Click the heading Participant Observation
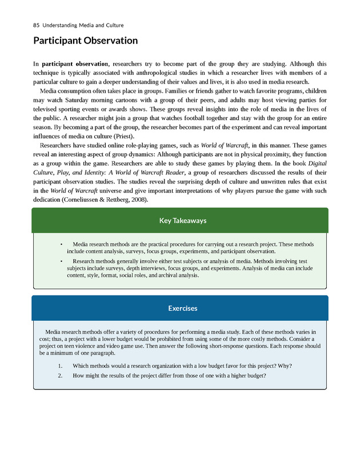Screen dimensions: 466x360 [x=85, y=41]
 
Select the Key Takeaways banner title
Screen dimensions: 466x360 [x=179, y=220]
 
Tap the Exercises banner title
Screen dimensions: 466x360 [x=179, y=308]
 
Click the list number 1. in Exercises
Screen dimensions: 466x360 [x=61, y=366]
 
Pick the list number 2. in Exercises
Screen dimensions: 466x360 [x=61, y=375]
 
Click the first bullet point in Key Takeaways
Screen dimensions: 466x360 [x=61, y=244]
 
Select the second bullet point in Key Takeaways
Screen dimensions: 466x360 [x=61, y=261]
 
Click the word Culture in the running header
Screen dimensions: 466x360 [x=114, y=25]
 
